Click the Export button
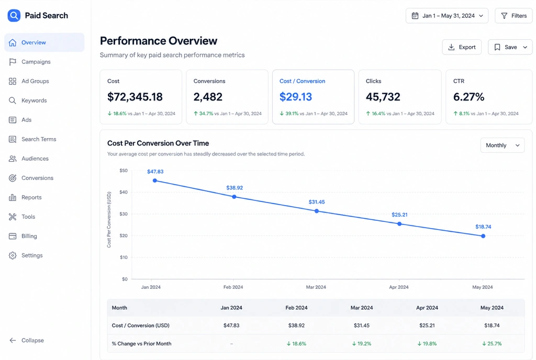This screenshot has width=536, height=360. click(x=462, y=47)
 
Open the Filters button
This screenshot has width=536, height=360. click(x=514, y=16)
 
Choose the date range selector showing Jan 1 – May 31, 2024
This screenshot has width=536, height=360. click(x=447, y=16)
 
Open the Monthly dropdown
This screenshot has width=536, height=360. click(x=502, y=145)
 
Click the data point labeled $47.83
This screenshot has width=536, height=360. click(x=155, y=181)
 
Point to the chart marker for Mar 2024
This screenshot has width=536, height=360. click(x=317, y=211)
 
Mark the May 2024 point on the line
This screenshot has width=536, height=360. click(x=483, y=236)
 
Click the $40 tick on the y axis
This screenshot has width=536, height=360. click(x=124, y=192)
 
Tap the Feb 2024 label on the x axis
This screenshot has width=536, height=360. click(x=233, y=287)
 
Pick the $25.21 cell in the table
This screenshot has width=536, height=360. click(x=427, y=325)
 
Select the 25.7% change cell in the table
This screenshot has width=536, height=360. click(x=492, y=344)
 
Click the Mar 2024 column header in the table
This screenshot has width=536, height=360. click(x=362, y=308)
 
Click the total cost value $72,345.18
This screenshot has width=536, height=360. click(x=135, y=97)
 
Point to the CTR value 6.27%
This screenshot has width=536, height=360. click(x=468, y=97)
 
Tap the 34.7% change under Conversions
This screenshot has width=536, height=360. click(x=206, y=114)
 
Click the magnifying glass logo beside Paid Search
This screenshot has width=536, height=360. click(x=14, y=15)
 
